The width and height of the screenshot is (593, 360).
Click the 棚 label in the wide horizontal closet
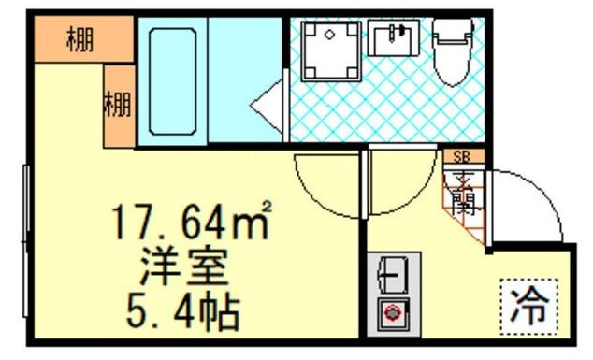[x=80, y=41]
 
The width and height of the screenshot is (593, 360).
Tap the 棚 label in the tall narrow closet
[x=117, y=102]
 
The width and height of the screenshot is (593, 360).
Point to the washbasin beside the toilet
[x=393, y=40]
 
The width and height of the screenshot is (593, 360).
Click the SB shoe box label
[x=461, y=157]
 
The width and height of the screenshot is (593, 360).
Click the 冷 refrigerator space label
[x=530, y=305]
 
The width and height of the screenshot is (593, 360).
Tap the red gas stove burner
[x=390, y=313]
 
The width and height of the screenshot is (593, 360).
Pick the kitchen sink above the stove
[x=390, y=275]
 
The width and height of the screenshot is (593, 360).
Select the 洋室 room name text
[x=183, y=267]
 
